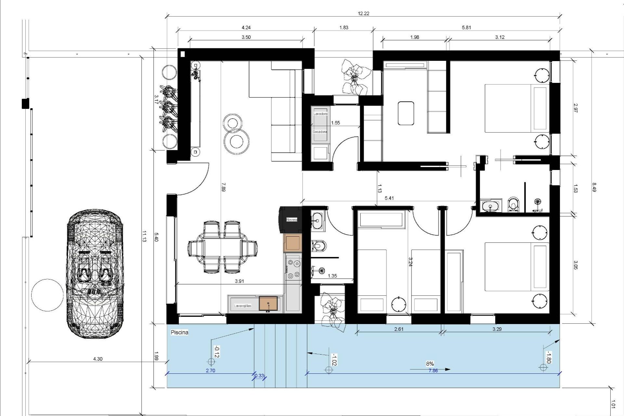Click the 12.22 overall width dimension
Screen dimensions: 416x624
[363, 13]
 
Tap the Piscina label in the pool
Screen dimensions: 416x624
[179, 332]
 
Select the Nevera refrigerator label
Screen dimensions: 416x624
[292, 220]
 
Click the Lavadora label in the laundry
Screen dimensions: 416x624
[320, 114]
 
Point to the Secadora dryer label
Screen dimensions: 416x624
[320, 132]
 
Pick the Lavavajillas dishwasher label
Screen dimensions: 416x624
[242, 306]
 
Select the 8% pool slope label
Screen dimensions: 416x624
[430, 364]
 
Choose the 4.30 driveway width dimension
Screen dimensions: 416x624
[98, 359]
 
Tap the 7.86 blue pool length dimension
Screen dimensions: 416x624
[433, 370]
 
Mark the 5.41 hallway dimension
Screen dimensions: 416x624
[389, 198]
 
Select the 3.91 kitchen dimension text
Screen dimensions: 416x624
[239, 281]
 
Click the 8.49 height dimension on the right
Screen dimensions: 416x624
[594, 188]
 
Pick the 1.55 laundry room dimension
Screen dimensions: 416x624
[335, 123]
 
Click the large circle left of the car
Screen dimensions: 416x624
[47, 295]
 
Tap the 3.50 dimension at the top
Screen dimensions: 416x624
[246, 37]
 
